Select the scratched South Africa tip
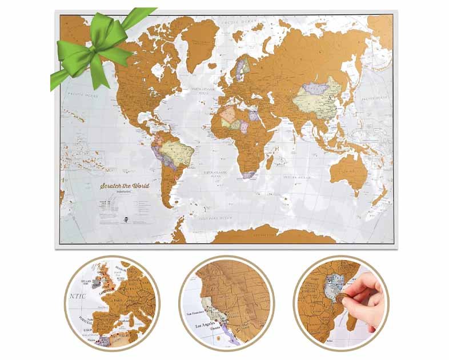click(250, 172)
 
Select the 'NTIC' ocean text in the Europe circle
click(77, 297)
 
